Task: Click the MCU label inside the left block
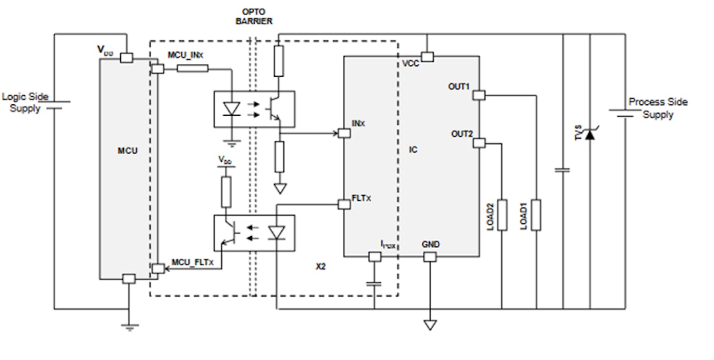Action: pyautogui.click(x=128, y=151)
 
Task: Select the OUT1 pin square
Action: pyautogui.click(x=479, y=95)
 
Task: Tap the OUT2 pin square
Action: pyautogui.click(x=479, y=143)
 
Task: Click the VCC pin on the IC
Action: pyautogui.click(x=427, y=57)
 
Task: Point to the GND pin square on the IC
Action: pyautogui.click(x=429, y=257)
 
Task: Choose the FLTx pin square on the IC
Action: pyautogui.click(x=344, y=204)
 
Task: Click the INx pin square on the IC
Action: pyautogui.click(x=344, y=133)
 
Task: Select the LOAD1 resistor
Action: pyautogui.click(x=536, y=215)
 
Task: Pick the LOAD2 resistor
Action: pyautogui.click(x=502, y=215)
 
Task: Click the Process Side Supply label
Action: pyautogui.click(x=658, y=108)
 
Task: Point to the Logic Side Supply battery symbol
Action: pyautogui.click(x=55, y=105)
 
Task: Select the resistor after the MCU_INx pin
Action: pyautogui.click(x=192, y=69)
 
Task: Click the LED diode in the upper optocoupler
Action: pyautogui.click(x=232, y=109)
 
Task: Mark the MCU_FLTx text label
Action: pyautogui.click(x=192, y=262)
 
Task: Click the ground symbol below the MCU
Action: pyautogui.click(x=129, y=327)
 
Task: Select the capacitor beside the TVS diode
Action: pyautogui.click(x=563, y=170)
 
